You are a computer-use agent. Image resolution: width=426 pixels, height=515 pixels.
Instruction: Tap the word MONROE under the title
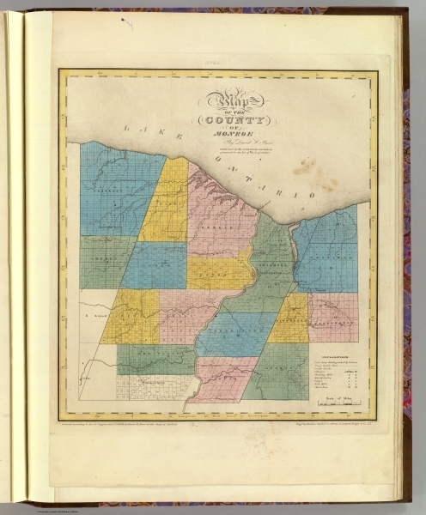point(221,133)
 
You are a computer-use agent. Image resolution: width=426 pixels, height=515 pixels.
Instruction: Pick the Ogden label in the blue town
point(155,267)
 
